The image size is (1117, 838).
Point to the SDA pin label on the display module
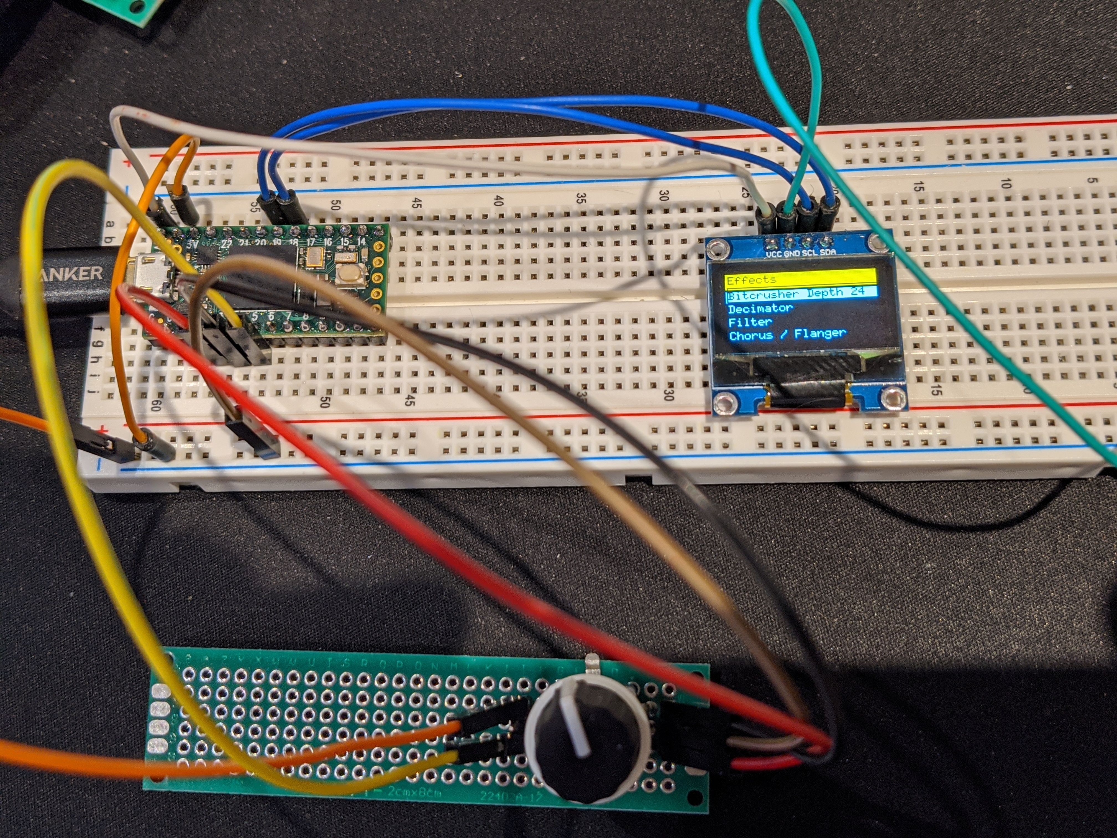(x=828, y=252)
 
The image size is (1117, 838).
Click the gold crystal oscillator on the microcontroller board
(x=316, y=258)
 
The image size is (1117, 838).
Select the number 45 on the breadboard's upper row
(x=416, y=203)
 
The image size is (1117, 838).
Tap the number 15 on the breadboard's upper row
(x=918, y=186)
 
